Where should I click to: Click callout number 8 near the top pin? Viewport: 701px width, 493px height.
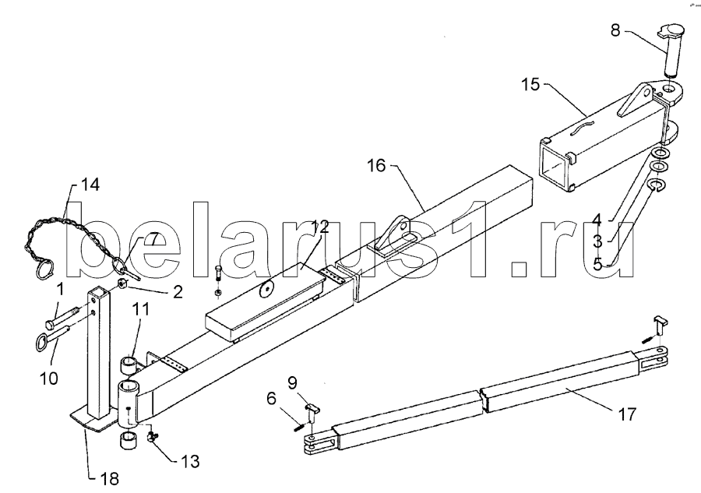click(616, 30)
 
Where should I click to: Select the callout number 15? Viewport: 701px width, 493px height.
click(531, 84)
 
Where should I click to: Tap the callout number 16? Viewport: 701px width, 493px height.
click(376, 165)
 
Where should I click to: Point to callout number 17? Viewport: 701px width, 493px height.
click(627, 414)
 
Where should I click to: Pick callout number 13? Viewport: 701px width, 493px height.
click(191, 461)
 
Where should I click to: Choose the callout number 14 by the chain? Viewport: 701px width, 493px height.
click(90, 185)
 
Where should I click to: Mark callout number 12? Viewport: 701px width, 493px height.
click(321, 227)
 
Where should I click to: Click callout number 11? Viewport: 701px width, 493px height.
click(140, 309)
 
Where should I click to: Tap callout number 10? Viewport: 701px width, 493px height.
click(49, 379)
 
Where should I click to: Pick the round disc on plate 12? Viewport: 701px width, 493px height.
click(267, 290)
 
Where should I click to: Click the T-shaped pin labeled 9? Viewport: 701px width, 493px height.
click(312, 413)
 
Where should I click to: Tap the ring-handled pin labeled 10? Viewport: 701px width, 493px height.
click(52, 338)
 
